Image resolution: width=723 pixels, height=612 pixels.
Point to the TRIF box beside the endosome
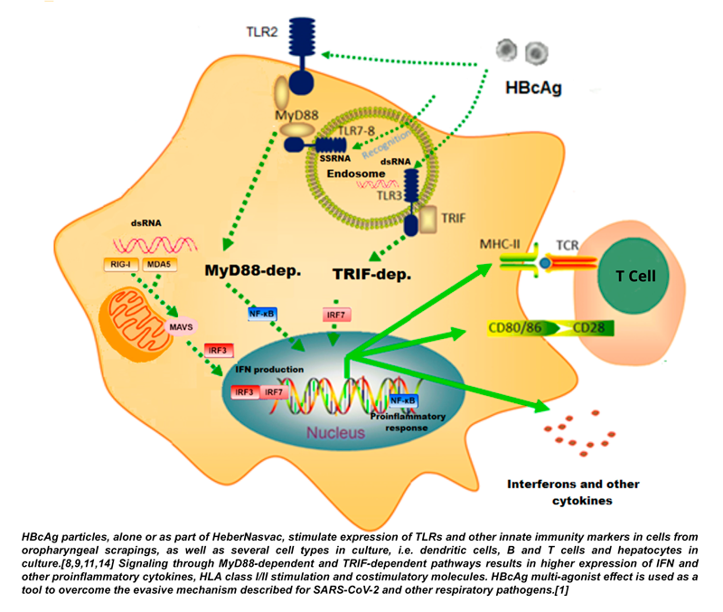coord(453,218)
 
